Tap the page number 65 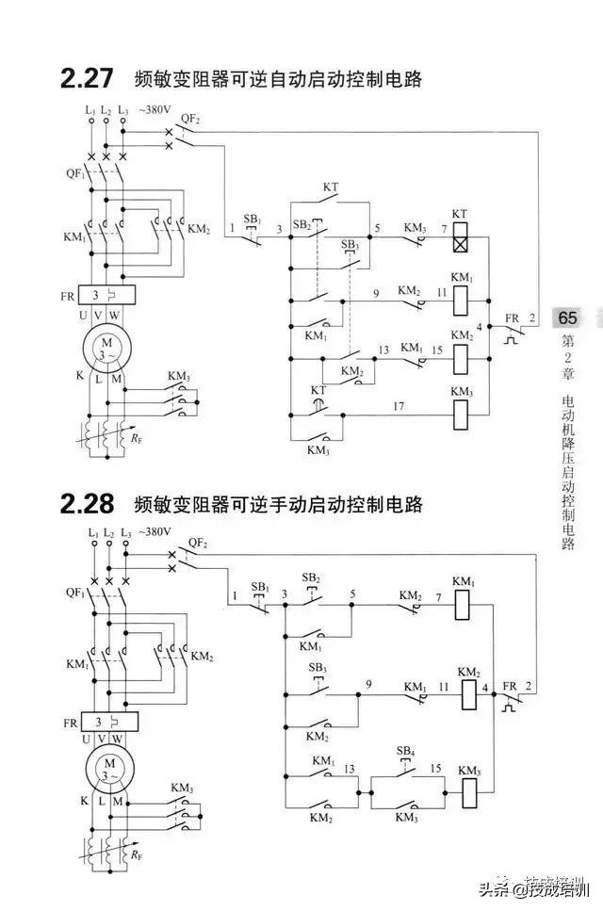pos(567,317)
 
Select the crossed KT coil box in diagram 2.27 pos(460,241)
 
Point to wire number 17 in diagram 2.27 pos(399,406)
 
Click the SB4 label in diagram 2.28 pos(405,751)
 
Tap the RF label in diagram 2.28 pos(138,854)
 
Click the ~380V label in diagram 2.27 pos(155,109)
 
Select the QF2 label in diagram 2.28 pos(198,543)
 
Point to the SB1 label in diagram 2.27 pos(253,220)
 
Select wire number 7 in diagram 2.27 pos(443,228)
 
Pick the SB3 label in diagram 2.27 pos(350,245)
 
